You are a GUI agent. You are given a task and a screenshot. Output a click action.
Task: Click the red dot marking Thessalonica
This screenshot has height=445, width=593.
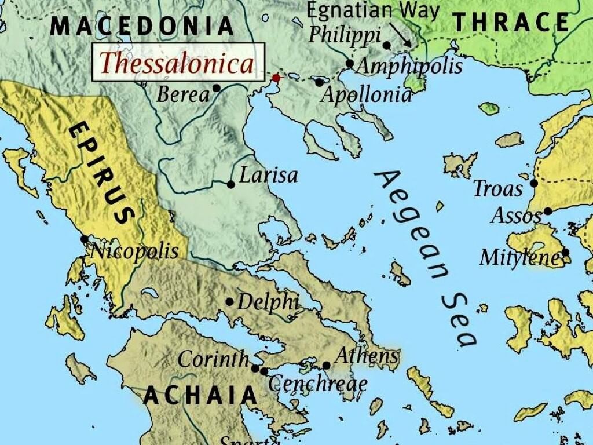coord(276,78)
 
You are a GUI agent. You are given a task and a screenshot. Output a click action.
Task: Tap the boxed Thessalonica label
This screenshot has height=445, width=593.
coord(177,63)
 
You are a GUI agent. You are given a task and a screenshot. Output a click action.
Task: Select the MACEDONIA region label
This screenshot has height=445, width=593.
coord(142,26)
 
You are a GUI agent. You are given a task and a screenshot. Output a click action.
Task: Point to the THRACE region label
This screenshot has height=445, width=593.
coord(511,23)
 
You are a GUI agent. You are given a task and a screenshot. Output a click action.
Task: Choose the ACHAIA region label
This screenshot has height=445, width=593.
coord(200,395)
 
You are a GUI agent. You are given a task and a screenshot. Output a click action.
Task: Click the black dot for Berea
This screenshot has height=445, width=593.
coord(217,88)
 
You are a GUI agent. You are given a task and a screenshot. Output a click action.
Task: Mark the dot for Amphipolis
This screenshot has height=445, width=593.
coord(350,64)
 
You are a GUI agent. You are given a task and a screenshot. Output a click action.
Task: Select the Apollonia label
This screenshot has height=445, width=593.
coord(366,94)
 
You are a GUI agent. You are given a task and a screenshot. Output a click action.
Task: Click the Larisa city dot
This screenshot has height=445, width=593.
coord(231,184)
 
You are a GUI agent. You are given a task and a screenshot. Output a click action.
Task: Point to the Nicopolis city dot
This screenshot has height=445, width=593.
coord(85,239)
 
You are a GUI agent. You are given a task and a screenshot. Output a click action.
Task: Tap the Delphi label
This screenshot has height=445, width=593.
coord(268,302)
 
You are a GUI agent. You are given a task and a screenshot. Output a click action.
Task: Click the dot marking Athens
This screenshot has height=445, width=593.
coord(326,366)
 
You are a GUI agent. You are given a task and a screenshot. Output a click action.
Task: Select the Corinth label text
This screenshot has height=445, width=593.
coord(213,359)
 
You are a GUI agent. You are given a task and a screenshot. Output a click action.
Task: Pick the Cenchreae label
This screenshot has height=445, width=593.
coord(317,383)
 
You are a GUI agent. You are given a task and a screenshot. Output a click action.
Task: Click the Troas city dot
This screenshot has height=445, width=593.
coord(534,183)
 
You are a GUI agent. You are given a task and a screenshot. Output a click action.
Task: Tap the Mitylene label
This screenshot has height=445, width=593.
coord(519,257)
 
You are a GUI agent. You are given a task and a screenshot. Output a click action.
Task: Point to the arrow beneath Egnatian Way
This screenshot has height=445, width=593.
coord(400,34)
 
